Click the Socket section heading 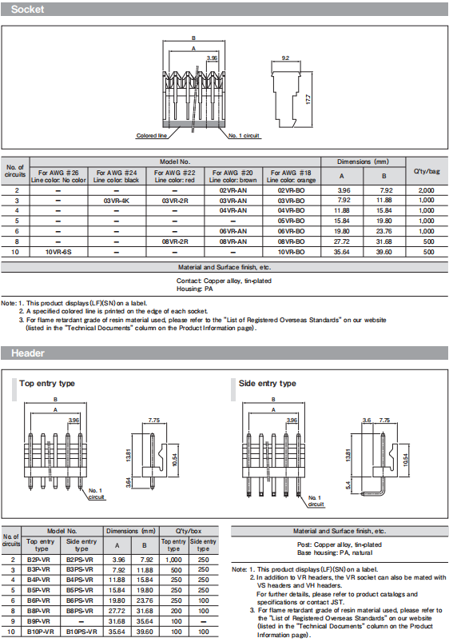[27, 10]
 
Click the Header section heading [28, 353]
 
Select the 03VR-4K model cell [117, 201]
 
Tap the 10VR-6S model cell [58, 252]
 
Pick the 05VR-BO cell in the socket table [291, 221]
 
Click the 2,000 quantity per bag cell [427, 190]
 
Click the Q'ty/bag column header [427, 171]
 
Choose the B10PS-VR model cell [81, 632]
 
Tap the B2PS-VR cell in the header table [80, 560]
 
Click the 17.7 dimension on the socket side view [308, 98]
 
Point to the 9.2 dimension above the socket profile [285, 58]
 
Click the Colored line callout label [152, 136]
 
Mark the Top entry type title [47, 384]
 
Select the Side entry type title [267, 384]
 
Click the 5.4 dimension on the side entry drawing [348, 485]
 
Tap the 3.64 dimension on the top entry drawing [128, 482]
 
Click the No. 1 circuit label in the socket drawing [244, 136]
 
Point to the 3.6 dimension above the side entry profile [367, 421]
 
